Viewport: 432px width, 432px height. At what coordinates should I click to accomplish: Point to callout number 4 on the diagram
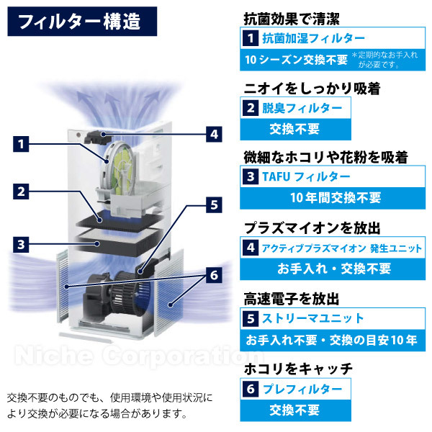213,133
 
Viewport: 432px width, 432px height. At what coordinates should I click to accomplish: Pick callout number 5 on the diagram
213,204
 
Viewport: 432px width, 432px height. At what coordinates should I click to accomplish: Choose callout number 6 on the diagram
213,275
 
